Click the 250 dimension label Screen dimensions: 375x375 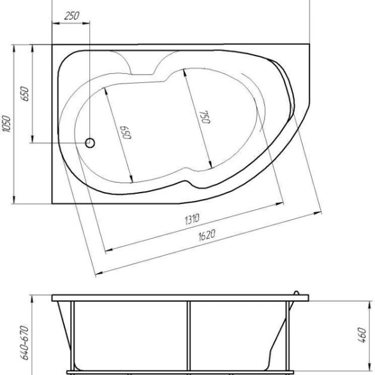(x=71, y=16)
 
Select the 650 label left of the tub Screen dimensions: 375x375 (x=25, y=94)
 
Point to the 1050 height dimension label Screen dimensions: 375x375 (x=6, y=124)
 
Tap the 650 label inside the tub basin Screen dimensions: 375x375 (x=126, y=132)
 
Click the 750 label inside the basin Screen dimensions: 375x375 (x=205, y=117)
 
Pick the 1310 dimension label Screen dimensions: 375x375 (x=192, y=219)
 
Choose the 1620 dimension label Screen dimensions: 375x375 (x=207, y=235)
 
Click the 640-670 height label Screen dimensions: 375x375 (x=24, y=342)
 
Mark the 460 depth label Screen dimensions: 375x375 (x=362, y=335)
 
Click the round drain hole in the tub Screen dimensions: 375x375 (x=90, y=143)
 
